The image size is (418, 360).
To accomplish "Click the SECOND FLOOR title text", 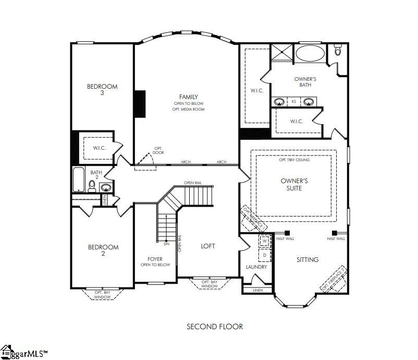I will pos(215,327).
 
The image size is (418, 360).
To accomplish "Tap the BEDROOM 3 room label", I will pos(102,90).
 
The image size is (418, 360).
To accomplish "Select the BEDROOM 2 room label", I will pos(103,250).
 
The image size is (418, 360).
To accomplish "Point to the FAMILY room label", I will pos(188,97).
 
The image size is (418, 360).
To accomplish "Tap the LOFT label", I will pos(208,246).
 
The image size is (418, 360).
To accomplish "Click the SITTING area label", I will pos(308,259).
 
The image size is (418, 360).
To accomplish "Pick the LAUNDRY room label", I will pos(256,267).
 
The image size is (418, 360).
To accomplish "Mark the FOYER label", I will pos(155,259).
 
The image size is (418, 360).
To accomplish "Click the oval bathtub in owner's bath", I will pos(310,54).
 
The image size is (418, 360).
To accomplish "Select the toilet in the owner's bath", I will pos(338,50).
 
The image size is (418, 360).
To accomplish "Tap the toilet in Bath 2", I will pos(92,186).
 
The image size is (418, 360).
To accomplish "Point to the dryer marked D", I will pos(264,255).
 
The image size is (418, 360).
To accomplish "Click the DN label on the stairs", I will pos(166,244).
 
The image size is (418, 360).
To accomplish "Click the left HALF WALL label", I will pos(285,238).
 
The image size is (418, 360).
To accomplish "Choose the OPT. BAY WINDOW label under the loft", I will pos(209,284).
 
